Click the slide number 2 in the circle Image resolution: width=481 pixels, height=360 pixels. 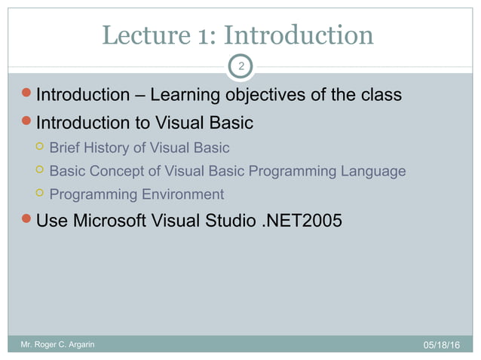click(240, 67)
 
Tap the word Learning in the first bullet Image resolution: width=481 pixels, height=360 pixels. click(184, 96)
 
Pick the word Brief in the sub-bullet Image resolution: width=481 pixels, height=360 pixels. click(64, 148)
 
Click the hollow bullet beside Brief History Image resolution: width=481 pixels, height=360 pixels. click(38, 148)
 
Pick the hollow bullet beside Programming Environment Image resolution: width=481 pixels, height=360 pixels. click(38, 194)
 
